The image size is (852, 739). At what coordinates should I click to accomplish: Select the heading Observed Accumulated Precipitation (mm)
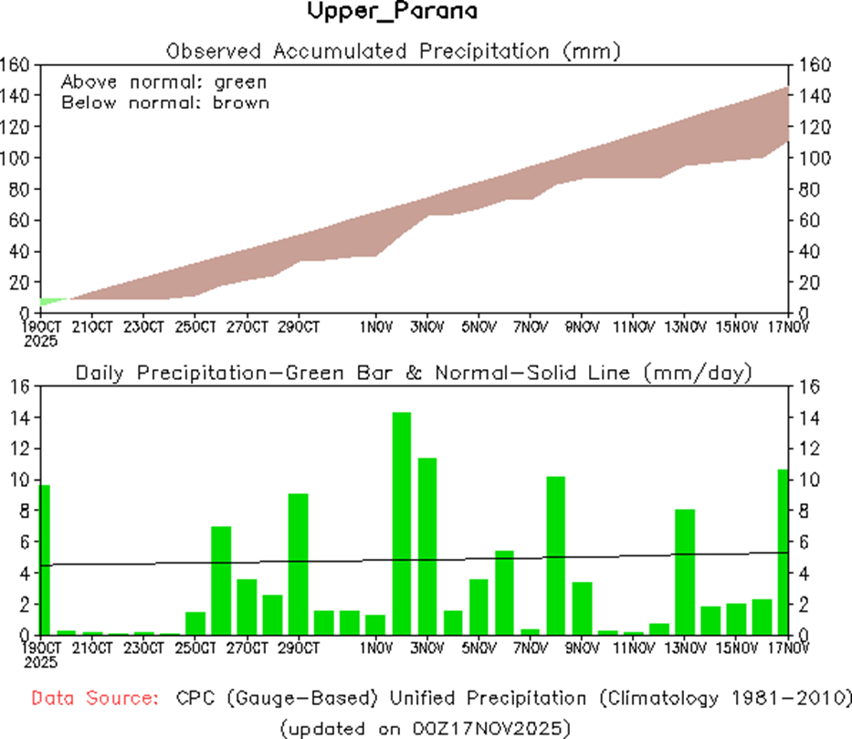393,50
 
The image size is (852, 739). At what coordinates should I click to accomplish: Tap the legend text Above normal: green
164,81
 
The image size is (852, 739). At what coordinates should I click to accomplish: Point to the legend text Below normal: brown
165,102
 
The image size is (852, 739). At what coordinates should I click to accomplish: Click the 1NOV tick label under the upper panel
375,325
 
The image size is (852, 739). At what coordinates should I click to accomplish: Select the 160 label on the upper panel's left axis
17,64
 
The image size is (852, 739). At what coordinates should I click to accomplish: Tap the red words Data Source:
92,698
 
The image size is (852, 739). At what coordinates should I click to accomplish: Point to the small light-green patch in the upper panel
51,301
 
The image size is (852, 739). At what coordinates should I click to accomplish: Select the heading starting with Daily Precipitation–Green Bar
413,373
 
